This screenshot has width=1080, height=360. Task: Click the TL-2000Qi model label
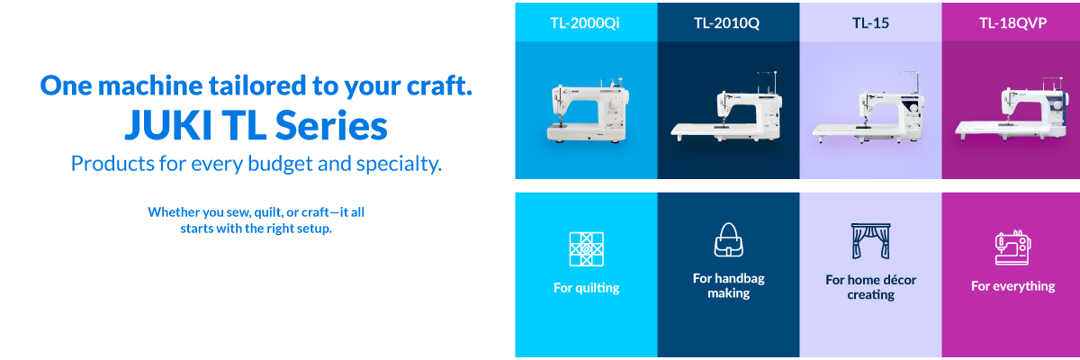coord(585,22)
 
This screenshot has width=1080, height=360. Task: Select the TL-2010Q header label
coord(726,22)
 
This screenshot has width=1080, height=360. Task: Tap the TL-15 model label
coord(870,22)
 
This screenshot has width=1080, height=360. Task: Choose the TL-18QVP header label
coord(1013,22)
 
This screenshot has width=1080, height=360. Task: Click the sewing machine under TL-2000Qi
coord(589,111)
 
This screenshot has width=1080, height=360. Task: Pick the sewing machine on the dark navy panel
coord(726,107)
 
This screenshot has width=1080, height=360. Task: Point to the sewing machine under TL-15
coord(868,108)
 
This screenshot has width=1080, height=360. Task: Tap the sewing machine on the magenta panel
coord(1012,109)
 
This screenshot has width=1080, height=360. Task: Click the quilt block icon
coord(586,249)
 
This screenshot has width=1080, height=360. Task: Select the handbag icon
coord(728,240)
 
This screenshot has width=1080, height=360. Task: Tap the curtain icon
coord(871,241)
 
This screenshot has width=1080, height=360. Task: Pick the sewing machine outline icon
coord(1013,247)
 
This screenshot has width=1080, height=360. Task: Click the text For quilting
coord(586,288)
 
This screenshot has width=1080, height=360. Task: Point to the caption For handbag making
coord(728,286)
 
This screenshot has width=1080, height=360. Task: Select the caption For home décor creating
coord(871,287)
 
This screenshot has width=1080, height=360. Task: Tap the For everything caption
coord(1013,286)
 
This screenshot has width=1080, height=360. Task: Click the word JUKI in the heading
coord(168,125)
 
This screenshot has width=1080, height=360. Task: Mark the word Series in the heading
coord(331,125)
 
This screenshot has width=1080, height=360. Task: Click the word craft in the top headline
coord(436,85)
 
